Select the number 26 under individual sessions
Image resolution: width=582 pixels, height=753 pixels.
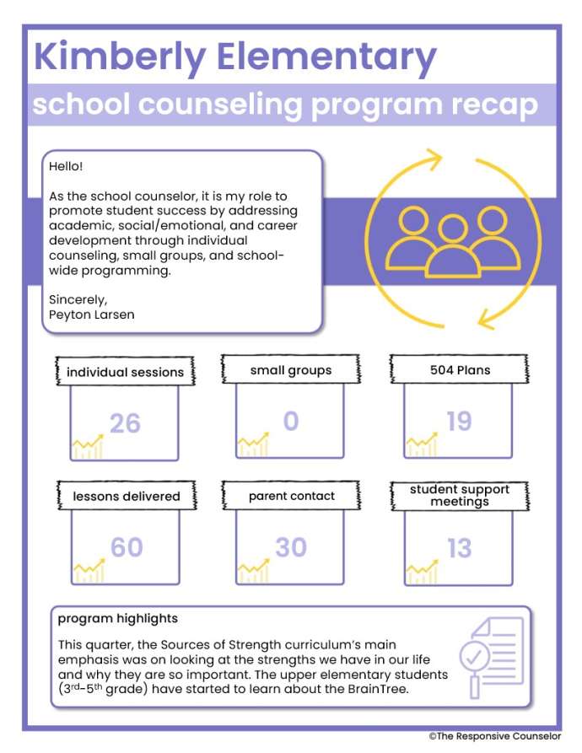tap(125, 422)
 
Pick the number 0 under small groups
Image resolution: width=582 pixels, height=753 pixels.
tap(290, 420)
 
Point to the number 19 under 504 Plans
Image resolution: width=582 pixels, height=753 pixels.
tap(459, 421)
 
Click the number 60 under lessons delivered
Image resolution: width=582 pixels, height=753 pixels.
tap(127, 547)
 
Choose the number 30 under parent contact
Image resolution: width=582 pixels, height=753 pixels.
tap(291, 547)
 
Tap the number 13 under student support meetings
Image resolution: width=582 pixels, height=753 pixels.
tap(459, 549)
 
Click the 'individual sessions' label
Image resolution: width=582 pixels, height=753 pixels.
tap(125, 372)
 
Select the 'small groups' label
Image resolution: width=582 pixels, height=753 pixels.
tap(291, 370)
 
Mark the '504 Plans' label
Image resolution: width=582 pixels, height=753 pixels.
tap(460, 369)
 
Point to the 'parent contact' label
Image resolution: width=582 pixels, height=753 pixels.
tap(292, 496)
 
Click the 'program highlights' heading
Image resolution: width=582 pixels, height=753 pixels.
tap(117, 618)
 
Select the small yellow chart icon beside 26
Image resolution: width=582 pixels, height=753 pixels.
tap(88, 447)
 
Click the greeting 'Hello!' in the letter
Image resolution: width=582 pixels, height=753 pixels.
tap(66, 166)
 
